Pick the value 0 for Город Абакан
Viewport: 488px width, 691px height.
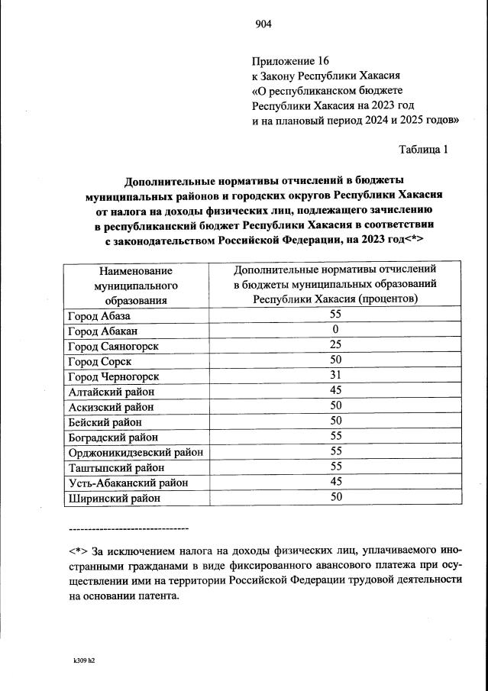click(334, 330)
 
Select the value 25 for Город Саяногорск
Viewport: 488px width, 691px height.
click(334, 345)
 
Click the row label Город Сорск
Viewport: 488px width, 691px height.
click(99, 361)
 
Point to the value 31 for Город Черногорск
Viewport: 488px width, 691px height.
click(334, 376)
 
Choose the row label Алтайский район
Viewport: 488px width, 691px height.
click(111, 391)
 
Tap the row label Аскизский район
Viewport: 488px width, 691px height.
click(111, 406)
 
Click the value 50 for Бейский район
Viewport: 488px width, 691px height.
click(334, 421)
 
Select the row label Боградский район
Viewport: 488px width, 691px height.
click(113, 437)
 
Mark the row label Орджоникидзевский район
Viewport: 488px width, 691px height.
click(135, 452)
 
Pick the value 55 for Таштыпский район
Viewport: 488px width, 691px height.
click(334, 467)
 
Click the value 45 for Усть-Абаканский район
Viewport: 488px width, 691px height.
click(334, 482)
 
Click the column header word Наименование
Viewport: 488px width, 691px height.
click(135, 270)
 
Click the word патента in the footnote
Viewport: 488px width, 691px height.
click(157, 596)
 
